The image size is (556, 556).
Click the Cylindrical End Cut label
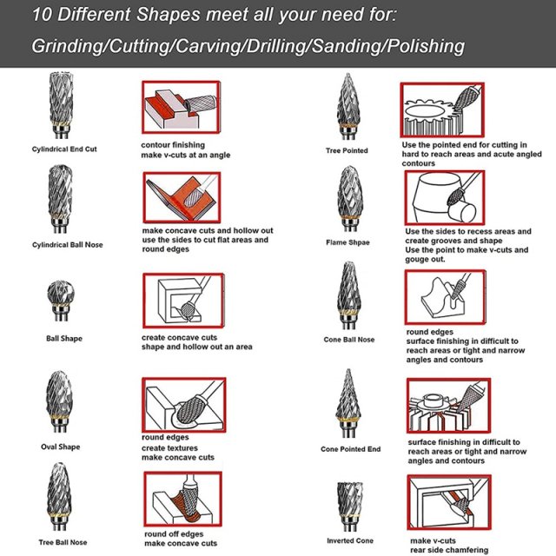[64, 149]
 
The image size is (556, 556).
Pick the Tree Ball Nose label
[63, 542]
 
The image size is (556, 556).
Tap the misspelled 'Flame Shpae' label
[349, 243]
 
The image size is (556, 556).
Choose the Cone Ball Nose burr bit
[348, 295]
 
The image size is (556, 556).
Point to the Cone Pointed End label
[350, 449]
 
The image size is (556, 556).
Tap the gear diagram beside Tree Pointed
[441, 109]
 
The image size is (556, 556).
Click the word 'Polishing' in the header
[426, 46]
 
